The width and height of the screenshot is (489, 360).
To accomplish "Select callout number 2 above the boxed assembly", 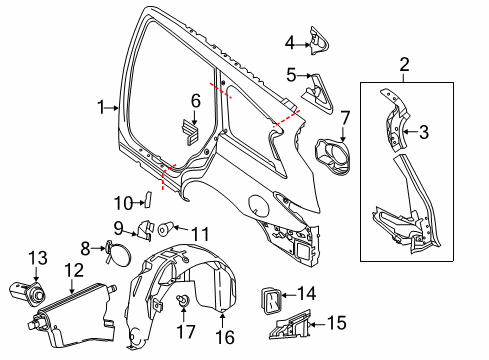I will (404, 66).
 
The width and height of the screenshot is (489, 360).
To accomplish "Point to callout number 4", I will (290, 43).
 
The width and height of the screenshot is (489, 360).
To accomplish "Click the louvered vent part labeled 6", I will (190, 129).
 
